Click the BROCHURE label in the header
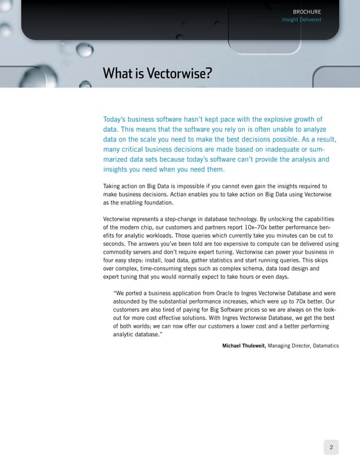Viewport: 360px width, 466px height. pyautogui.click(x=307, y=11)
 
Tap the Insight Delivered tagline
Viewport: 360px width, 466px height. pyautogui.click(x=301, y=20)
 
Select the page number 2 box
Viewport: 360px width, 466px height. pyautogui.click(x=331, y=448)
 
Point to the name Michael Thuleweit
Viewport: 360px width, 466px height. pyautogui.click(x=244, y=345)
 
